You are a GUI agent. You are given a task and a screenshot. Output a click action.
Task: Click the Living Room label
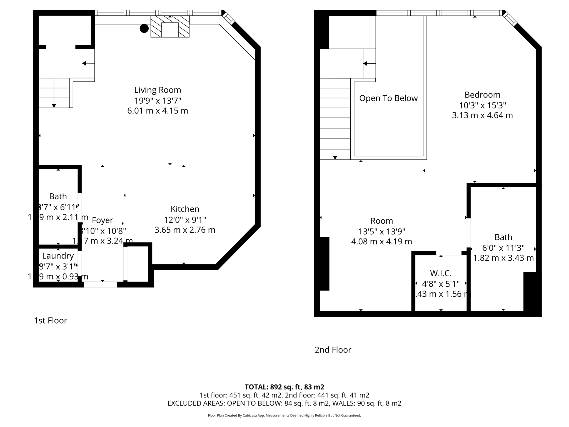click(x=158, y=90)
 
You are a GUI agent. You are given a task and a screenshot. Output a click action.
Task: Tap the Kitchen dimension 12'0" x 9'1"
click(x=185, y=220)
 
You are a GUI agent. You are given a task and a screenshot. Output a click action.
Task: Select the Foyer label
click(x=103, y=220)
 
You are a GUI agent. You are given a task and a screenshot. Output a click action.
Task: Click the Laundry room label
click(x=58, y=256)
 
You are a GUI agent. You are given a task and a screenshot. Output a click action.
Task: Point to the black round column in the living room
click(x=144, y=28)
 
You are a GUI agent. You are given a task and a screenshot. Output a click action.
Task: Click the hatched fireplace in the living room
click(x=170, y=26)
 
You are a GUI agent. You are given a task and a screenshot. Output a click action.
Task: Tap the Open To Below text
click(x=388, y=98)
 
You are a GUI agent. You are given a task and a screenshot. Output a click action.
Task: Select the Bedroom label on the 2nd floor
click(x=482, y=95)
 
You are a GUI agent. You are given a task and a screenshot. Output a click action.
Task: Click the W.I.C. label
click(x=441, y=274)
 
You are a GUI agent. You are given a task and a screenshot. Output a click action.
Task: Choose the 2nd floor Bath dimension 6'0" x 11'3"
click(x=503, y=248)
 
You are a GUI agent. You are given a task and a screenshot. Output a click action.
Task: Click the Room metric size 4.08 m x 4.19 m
click(x=381, y=242)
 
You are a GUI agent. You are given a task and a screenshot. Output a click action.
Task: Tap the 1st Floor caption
click(x=51, y=321)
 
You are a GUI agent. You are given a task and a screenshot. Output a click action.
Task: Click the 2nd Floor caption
click(x=333, y=350)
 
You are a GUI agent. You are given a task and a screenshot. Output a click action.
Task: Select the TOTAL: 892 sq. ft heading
click(x=284, y=387)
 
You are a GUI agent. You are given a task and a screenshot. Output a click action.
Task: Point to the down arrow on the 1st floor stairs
click(x=54, y=105)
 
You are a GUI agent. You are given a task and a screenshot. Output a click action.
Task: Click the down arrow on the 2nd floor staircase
click(x=335, y=157)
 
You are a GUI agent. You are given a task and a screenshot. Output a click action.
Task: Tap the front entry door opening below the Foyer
click(x=100, y=284)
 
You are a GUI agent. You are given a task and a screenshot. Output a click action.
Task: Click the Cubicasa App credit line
click(x=284, y=416)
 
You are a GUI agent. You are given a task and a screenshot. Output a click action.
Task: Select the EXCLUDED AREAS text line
click(x=284, y=403)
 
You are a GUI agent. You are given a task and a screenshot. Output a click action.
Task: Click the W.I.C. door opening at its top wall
click(x=449, y=253)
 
